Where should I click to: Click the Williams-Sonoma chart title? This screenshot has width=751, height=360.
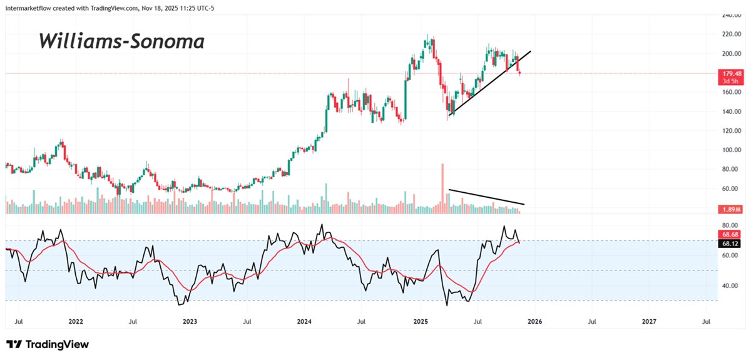(121, 42)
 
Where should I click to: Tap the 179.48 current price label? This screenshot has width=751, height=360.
(730, 73)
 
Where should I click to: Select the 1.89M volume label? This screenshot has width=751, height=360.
(730, 209)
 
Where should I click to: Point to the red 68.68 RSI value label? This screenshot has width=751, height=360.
(730, 234)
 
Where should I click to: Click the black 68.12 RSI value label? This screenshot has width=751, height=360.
(730, 244)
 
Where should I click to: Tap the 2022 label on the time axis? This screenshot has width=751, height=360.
(76, 322)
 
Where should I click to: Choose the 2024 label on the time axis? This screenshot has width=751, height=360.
(304, 322)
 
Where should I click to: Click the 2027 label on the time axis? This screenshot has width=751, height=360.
(650, 322)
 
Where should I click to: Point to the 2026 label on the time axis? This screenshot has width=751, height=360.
(534, 322)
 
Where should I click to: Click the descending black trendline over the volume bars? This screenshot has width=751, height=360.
(486, 197)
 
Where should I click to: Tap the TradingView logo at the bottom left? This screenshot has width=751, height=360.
(48, 344)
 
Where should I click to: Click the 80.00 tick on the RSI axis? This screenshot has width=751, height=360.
(730, 225)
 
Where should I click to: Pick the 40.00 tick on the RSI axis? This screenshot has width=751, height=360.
(730, 285)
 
